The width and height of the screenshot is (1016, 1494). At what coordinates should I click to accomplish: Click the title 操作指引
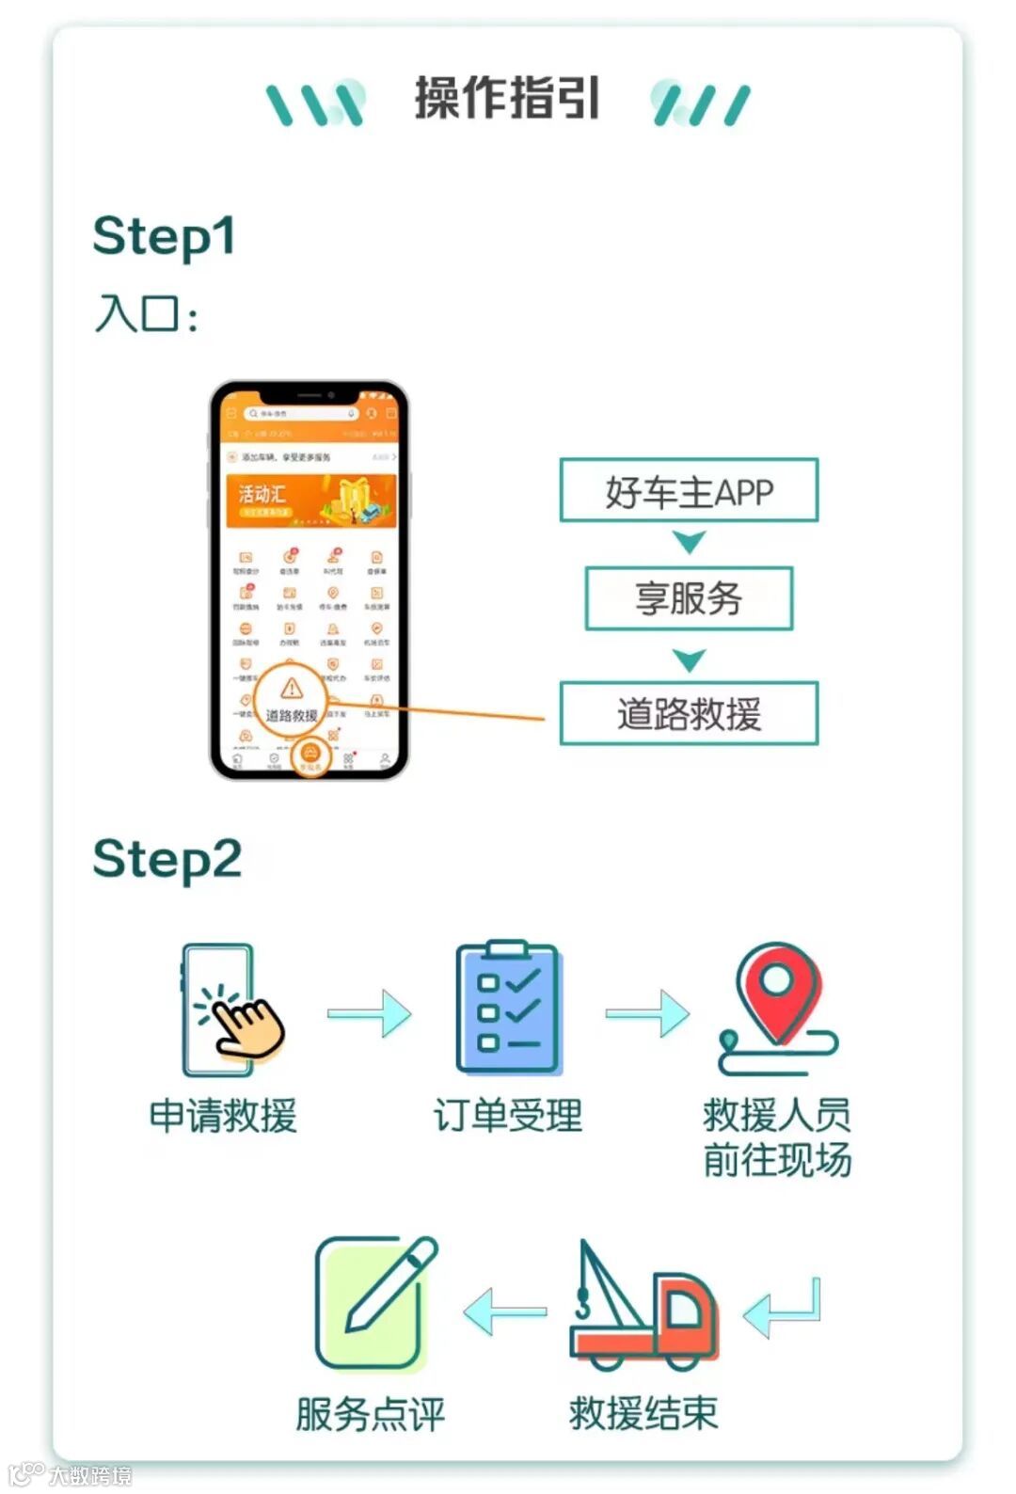pos(507,99)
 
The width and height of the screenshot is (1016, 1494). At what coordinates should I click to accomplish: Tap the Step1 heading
pos(164,237)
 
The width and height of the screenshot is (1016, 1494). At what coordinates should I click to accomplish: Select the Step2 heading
pos(167,860)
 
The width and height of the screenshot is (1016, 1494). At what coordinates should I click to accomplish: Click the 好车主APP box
pos(689,491)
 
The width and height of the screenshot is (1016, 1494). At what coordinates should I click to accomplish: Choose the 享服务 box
pos(689,598)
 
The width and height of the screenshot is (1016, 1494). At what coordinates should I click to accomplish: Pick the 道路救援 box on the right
pos(689,714)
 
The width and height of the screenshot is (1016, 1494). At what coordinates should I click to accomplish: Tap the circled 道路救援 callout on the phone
pos(291,701)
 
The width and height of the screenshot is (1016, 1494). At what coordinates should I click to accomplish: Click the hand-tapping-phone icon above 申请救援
pos(229,1011)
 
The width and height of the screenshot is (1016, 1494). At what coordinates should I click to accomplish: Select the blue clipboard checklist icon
pos(509,1009)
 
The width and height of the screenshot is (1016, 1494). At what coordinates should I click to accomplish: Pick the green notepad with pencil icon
pos(374,1303)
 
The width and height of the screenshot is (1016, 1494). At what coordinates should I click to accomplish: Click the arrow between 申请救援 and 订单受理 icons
pos(370,1013)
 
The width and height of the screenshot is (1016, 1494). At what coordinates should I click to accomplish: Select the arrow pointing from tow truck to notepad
pos(505,1311)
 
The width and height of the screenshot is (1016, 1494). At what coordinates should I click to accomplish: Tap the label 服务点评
pos(370,1414)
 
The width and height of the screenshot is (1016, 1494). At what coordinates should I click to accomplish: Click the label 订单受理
pos(508,1116)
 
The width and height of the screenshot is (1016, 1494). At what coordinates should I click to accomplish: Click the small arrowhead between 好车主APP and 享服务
pos(690,542)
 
